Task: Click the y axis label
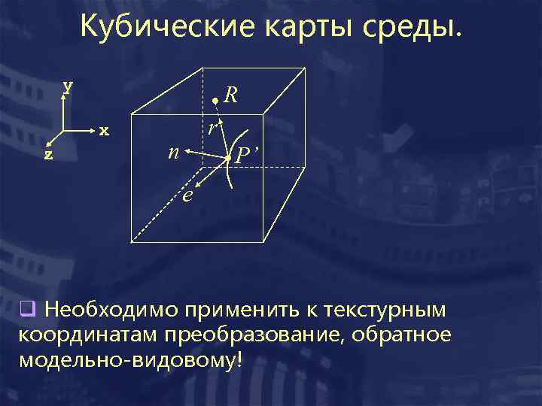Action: [x=68, y=86]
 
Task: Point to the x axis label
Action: [x=105, y=132]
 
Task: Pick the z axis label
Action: [x=48, y=154]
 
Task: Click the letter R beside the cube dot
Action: [x=231, y=95]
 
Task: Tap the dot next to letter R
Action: [x=215, y=100]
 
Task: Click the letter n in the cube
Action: [x=173, y=153]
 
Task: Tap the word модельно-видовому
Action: [x=130, y=359]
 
